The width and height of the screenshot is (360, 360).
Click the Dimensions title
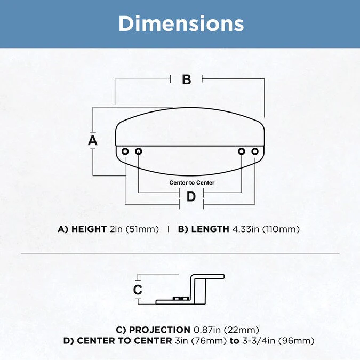[181, 23]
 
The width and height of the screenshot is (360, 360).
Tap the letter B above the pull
[187, 79]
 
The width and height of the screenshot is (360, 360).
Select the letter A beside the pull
[93, 140]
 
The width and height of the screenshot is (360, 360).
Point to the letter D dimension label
[191, 197]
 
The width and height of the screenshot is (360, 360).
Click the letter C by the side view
[138, 290]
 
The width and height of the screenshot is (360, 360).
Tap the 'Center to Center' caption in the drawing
[192, 183]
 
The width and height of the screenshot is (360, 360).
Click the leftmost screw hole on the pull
[125, 151]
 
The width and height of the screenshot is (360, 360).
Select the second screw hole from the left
[139, 151]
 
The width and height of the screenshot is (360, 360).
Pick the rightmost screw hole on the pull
[255, 151]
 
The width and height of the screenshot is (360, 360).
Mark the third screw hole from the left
[242, 151]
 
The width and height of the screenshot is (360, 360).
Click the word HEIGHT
[89, 229]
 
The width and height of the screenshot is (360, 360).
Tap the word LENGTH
[210, 229]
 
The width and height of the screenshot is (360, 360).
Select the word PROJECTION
[160, 330]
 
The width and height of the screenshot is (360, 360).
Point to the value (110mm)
[281, 229]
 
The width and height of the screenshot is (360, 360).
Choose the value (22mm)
[242, 330]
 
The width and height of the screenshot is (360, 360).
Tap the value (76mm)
[209, 341]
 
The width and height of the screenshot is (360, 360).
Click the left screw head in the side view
[177, 299]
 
